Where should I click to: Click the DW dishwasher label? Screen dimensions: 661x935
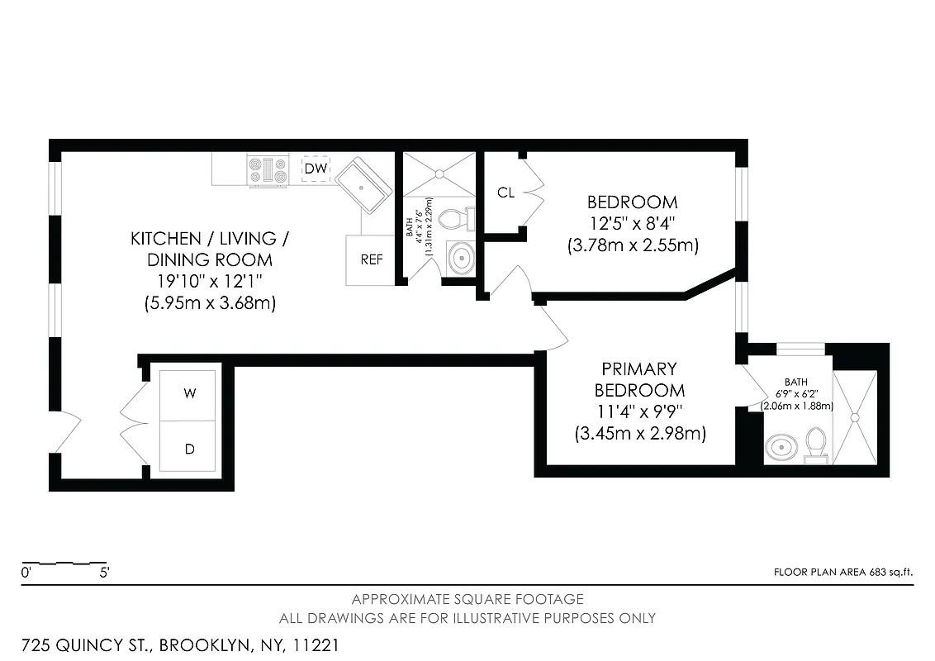click(x=316, y=169)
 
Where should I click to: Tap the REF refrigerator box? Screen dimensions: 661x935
click(x=371, y=259)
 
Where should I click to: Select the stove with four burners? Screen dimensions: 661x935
click(x=269, y=170)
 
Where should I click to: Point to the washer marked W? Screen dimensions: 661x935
click(x=189, y=394)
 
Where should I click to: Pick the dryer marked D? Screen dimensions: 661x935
click(x=189, y=449)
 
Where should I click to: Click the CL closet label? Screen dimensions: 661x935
click(x=505, y=193)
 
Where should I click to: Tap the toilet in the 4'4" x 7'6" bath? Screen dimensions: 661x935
click(x=454, y=219)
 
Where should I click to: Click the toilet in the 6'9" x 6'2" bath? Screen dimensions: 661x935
click(x=816, y=442)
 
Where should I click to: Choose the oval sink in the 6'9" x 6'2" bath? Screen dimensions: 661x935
click(x=781, y=447)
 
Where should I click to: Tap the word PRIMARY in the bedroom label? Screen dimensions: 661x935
click(x=638, y=369)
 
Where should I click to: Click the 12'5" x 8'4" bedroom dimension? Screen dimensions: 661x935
click(x=632, y=223)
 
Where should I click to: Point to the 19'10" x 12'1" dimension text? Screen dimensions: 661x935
click(x=209, y=282)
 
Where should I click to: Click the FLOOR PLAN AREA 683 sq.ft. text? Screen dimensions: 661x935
click(x=843, y=572)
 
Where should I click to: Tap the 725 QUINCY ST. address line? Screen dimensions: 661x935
click(x=180, y=644)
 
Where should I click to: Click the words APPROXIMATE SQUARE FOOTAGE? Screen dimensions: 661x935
click(x=467, y=599)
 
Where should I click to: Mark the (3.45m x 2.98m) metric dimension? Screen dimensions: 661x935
click(x=640, y=433)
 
